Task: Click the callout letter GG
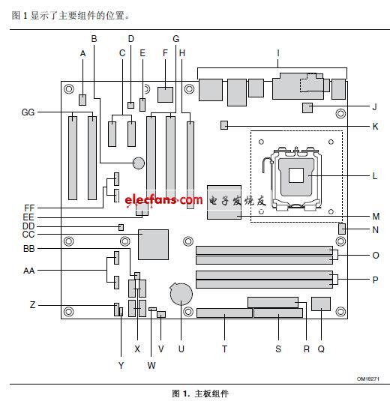(x=28, y=112)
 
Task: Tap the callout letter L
(x=375, y=175)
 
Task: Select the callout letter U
(x=181, y=349)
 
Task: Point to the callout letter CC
(x=28, y=235)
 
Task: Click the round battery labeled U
(x=181, y=294)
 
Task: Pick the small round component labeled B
(x=139, y=163)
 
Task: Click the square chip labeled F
(x=165, y=95)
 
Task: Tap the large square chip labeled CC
(x=153, y=244)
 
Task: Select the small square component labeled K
(x=224, y=125)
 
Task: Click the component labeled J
(x=307, y=108)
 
